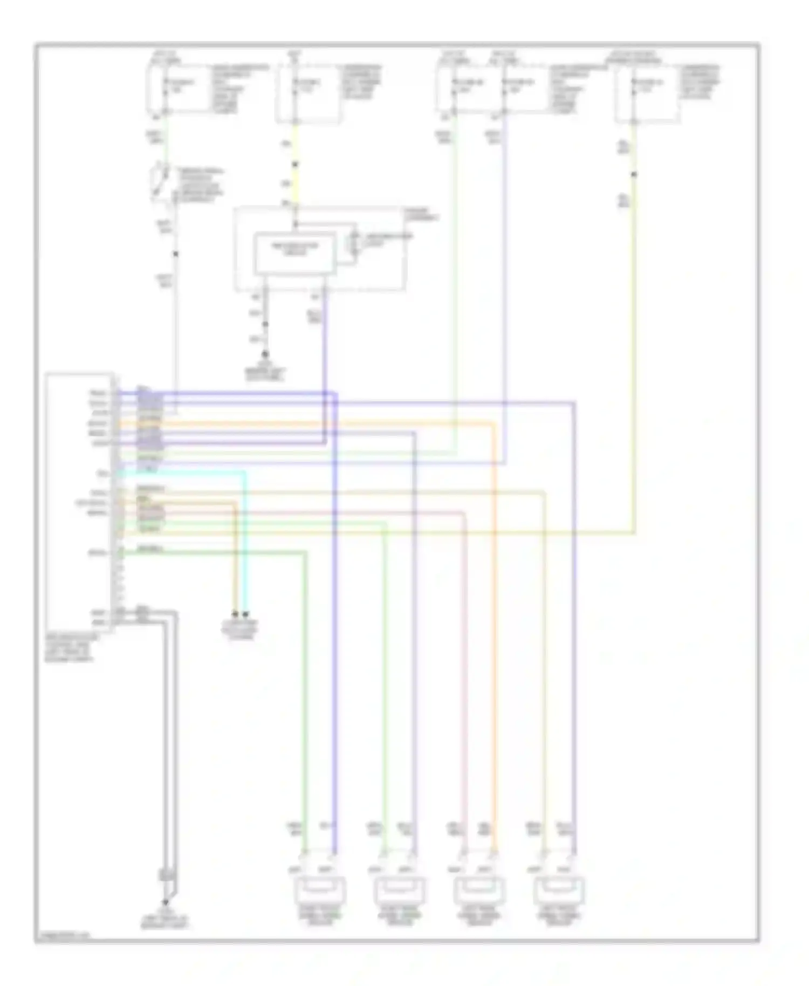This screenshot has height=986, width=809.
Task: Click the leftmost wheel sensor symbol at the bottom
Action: (x=319, y=891)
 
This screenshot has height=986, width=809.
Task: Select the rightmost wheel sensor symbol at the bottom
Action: (x=559, y=891)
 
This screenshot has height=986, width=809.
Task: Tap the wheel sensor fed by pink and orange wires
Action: (x=479, y=891)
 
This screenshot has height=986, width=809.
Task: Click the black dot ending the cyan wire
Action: (x=246, y=614)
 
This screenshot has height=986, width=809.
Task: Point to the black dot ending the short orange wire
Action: (x=235, y=614)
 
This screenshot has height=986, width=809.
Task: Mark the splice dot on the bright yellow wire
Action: (x=295, y=164)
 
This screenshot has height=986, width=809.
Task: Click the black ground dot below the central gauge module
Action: (x=265, y=354)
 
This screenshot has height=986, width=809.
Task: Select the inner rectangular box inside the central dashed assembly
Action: (x=294, y=253)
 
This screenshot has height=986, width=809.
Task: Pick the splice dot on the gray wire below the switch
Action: (x=175, y=254)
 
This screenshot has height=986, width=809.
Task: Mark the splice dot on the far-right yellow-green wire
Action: (x=634, y=174)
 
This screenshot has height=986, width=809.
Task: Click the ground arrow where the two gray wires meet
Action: (x=166, y=902)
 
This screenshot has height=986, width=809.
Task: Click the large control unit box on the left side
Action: (x=79, y=502)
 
